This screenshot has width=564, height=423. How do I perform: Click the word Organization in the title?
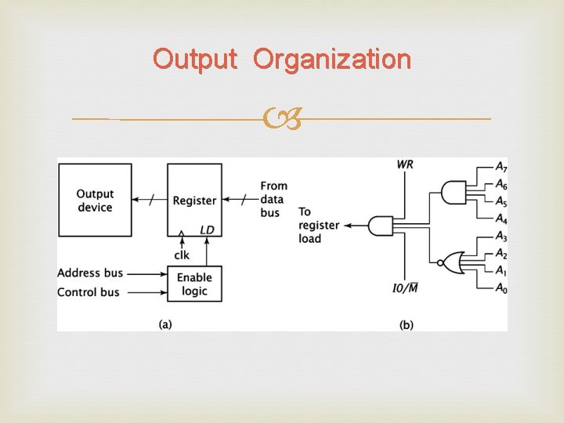tap(331, 59)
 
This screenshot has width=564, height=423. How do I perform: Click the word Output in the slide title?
tap(195, 59)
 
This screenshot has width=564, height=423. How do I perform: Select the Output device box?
tap(95, 200)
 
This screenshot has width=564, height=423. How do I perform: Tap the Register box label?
tap(194, 201)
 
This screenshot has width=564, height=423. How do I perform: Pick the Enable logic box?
tap(194, 284)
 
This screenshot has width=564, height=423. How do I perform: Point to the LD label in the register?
tap(207, 230)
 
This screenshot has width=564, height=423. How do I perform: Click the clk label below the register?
tap(182, 255)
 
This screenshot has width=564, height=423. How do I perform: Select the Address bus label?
tap(90, 273)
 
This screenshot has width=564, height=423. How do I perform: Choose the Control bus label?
tap(89, 292)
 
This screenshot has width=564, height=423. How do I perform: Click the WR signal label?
tap(405, 164)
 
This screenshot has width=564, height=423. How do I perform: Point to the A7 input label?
tap(501, 167)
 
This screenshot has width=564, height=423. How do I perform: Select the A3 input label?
tap(501, 236)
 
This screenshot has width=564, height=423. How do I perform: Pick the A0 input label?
tap(501, 287)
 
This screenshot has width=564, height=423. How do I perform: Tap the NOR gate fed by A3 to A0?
tap(450, 262)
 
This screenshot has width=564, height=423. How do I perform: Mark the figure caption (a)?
tap(165, 324)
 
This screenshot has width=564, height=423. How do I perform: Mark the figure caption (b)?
tap(407, 324)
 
